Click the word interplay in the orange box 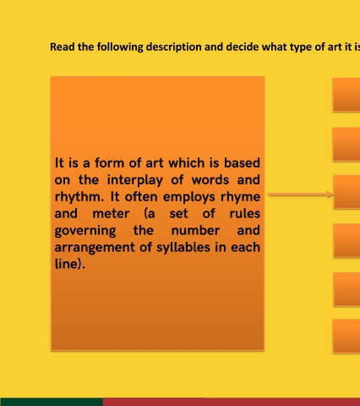pos(135,180)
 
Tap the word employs pos(189,197)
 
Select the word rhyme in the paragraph pos(240,197)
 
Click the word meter pos(111,214)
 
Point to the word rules pos(245,213)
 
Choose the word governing pos(85,231)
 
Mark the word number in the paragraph pos(195,230)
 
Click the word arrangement pos(95,248)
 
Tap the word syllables pos(183,247)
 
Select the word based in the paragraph pos(242,163)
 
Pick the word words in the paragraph pos(210,180)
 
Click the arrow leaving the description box pos(300,195)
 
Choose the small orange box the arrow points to pos(346,192)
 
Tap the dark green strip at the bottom pos(52,402)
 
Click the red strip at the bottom pos(232,402)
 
